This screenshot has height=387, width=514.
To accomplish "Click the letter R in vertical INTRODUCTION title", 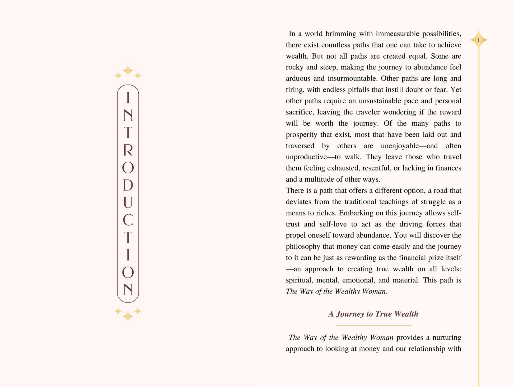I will [x=128, y=150].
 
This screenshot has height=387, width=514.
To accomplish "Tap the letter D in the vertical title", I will [x=128, y=185].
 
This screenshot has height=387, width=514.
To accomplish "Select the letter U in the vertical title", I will [x=128, y=202].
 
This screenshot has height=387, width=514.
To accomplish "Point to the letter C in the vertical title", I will [x=128, y=220].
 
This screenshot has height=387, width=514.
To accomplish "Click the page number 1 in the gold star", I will [x=479, y=40].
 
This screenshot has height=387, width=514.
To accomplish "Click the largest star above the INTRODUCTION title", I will [x=128, y=71].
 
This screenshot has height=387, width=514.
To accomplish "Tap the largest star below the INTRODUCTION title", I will [x=128, y=316].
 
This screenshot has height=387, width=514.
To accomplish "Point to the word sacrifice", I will [x=300, y=112].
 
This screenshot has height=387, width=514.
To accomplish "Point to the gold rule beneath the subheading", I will [x=373, y=326].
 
